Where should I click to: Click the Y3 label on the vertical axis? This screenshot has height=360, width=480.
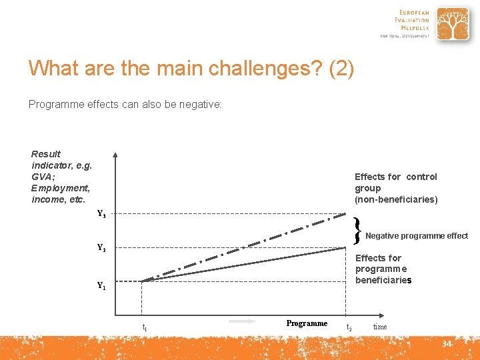101,215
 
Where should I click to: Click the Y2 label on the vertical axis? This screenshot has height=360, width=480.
101,248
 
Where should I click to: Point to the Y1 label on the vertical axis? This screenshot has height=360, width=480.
101,286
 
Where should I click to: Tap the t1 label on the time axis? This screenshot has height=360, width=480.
145,327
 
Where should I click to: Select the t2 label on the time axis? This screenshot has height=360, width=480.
349,327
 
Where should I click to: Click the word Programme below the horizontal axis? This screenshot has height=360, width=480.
307,323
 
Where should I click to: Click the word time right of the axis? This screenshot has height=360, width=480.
380,327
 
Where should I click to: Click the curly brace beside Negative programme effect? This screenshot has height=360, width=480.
358,231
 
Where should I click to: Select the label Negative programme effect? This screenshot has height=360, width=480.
417,236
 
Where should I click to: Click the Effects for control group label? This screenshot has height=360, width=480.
396,188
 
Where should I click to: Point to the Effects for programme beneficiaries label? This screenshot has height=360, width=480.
383,269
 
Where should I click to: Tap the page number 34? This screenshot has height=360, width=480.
447,344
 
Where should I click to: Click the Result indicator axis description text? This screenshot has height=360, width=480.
61,177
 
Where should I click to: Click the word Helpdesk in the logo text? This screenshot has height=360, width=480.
414,27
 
